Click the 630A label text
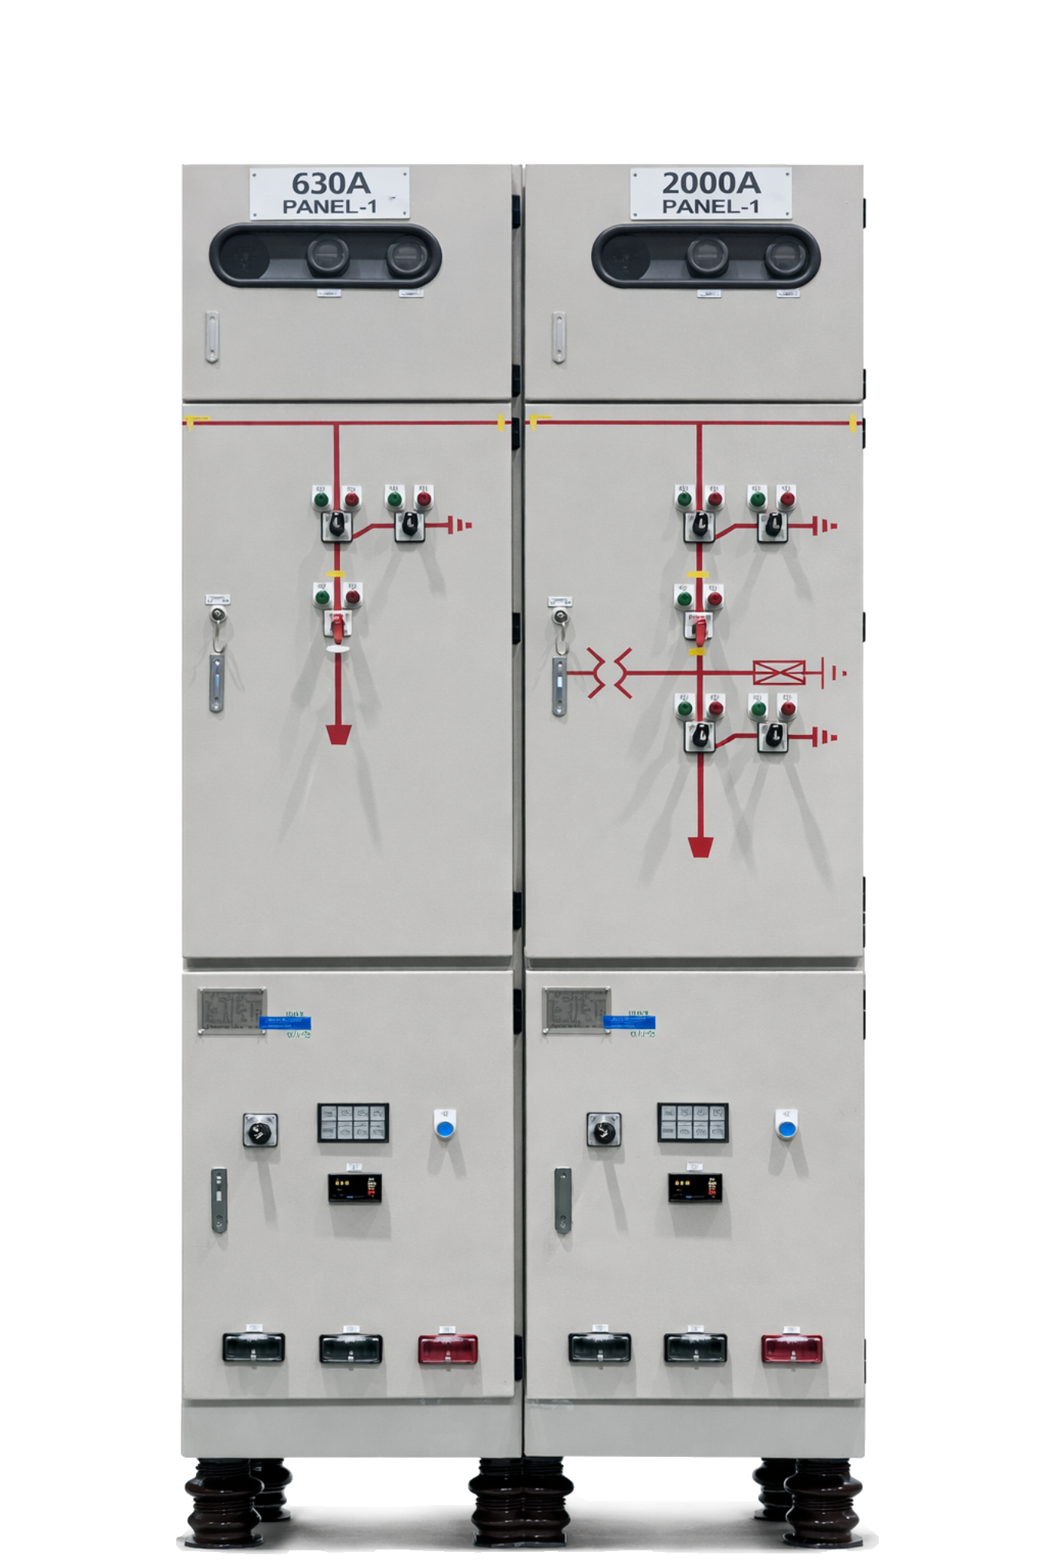pyautogui.click(x=330, y=184)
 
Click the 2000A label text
pyautogui.click(x=710, y=184)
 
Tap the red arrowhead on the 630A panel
pyautogui.click(x=338, y=735)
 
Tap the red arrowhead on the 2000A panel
pyautogui.click(x=700, y=847)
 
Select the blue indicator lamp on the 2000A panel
pyautogui.click(x=784, y=1128)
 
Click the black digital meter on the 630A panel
pyautogui.click(x=354, y=1188)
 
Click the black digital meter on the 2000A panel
pyautogui.click(x=694, y=1188)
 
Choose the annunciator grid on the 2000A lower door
pyautogui.click(x=693, y=1123)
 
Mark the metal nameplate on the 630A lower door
pyautogui.click(x=232, y=1011)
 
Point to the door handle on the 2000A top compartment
pyautogui.click(x=560, y=338)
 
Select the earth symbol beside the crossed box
pyautogui.click(x=833, y=673)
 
